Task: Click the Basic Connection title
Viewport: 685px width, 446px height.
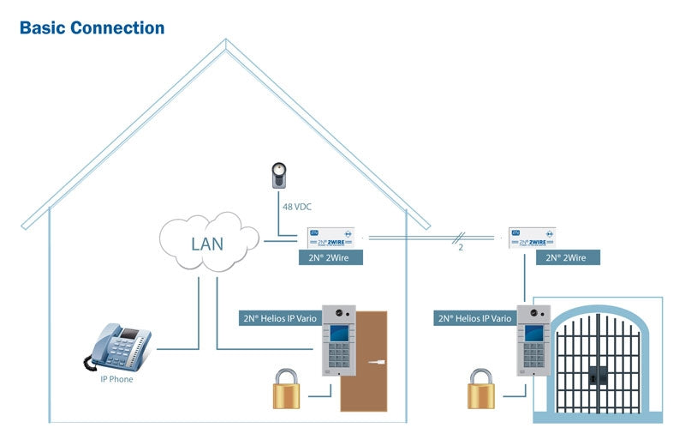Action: (x=92, y=27)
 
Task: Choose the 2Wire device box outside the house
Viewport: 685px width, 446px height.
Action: (x=532, y=237)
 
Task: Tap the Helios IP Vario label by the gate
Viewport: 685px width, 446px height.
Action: (x=474, y=318)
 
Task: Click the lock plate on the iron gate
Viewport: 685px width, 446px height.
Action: (x=598, y=374)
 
